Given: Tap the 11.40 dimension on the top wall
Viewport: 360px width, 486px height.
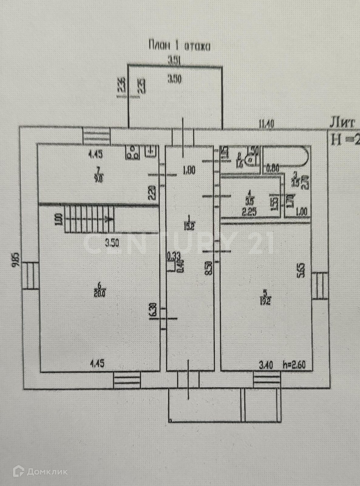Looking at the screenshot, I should point(266,124).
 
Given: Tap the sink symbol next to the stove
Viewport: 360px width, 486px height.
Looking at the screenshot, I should point(151,151).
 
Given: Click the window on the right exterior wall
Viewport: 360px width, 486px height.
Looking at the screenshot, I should point(320,285).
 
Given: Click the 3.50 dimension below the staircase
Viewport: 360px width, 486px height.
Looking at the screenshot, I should point(112,243).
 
